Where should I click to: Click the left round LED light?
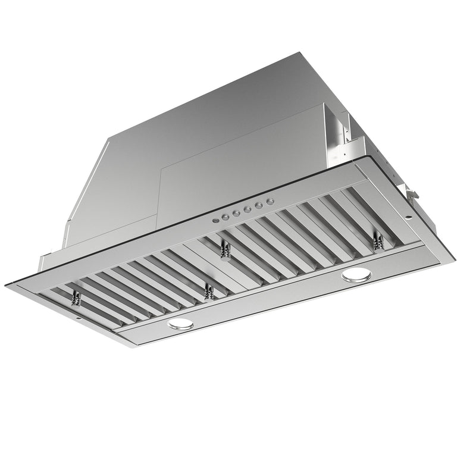180,324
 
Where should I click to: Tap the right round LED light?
356,274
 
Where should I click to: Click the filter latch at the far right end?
377,242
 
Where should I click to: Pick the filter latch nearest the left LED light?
208,292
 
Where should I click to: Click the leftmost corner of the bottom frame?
6,285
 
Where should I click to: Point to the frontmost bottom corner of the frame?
136,347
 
